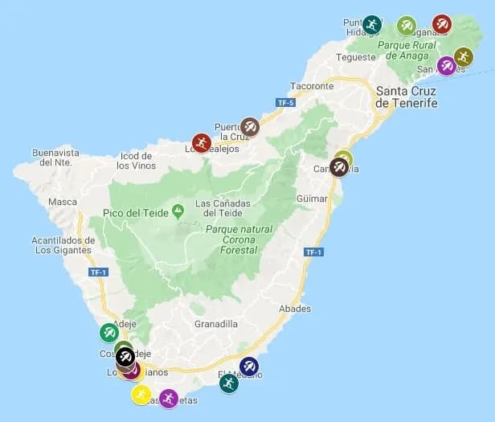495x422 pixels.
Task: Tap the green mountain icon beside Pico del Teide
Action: point(178,211)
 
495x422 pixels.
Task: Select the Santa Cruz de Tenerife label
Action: point(407,97)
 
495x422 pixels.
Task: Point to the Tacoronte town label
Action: point(311,86)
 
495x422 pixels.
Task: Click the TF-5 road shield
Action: point(285,103)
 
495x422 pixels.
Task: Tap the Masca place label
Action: point(62,202)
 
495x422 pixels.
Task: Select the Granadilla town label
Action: point(216,324)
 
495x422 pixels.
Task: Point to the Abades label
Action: point(295,309)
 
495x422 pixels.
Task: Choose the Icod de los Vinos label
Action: point(134,160)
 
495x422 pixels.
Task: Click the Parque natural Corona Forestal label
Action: point(239,240)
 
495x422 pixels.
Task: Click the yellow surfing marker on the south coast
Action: point(141,395)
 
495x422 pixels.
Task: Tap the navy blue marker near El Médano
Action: point(249,367)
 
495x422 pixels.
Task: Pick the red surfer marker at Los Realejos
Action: point(201,143)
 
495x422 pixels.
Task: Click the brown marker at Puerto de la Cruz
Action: point(250,127)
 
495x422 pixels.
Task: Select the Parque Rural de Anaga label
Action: point(404,50)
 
